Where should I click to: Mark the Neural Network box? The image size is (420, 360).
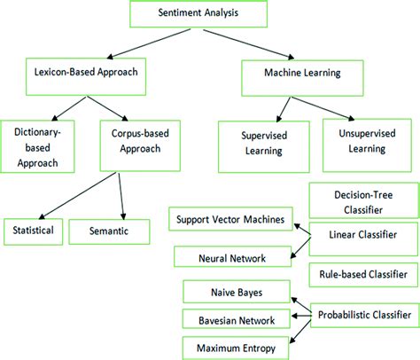232,258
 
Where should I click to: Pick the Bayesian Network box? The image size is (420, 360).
235,318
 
